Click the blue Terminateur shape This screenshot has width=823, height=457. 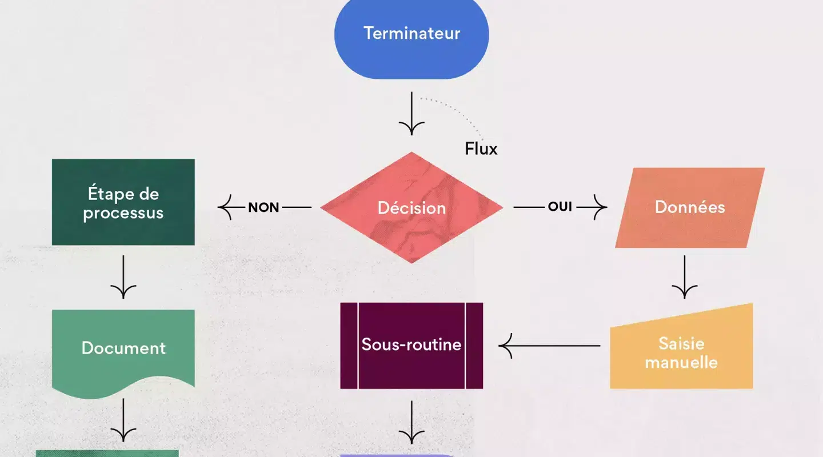coord(411,34)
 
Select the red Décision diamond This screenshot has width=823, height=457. coord(411,207)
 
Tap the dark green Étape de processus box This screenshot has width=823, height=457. coord(123,202)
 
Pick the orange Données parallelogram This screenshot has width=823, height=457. coord(690,207)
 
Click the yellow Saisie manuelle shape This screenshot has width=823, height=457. coord(681,351)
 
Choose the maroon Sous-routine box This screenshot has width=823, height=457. coord(411,346)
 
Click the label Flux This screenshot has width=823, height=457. coord(481,149)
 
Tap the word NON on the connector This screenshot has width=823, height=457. coord(263,207)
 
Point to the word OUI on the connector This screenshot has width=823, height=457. coord(560,207)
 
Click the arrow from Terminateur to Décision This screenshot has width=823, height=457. coord(411,114)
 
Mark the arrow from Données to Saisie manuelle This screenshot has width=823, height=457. coord(685,277)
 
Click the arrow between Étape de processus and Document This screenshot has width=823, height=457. coord(123,277)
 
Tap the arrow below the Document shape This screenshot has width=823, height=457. coord(123,420)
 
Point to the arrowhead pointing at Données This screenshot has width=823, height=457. coord(600,207)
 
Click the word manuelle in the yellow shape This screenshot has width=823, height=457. coord(681,362)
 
